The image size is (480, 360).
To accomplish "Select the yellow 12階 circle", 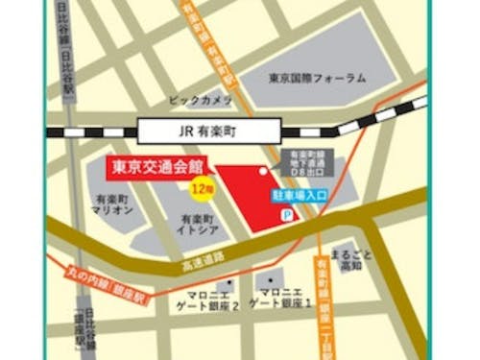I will (x=201, y=187).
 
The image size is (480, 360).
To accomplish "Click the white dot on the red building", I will (x=262, y=172).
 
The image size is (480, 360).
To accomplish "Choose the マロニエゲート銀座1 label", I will (x=280, y=297).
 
